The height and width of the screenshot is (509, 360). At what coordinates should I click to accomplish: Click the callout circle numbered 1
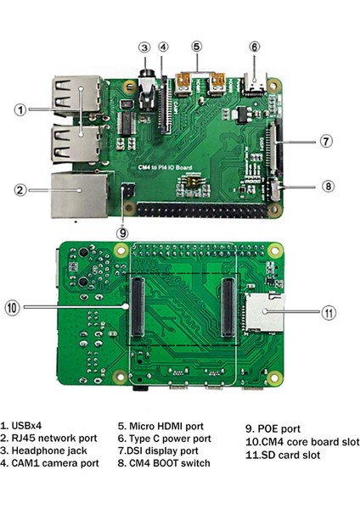click(x=20, y=109)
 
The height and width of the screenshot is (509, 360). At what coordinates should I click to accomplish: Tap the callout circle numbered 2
click(x=20, y=190)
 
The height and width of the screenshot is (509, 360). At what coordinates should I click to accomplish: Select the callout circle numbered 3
click(x=145, y=48)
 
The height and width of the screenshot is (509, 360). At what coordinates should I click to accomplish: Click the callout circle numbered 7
click(x=326, y=142)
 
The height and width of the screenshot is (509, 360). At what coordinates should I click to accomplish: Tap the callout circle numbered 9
click(x=123, y=232)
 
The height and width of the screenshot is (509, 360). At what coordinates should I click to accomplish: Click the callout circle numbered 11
click(x=331, y=313)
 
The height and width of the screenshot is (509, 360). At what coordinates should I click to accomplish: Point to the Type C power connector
click(x=254, y=84)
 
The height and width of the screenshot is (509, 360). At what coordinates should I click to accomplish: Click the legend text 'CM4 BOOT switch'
click(x=163, y=463)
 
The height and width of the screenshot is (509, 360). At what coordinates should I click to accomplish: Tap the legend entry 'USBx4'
click(x=20, y=427)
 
